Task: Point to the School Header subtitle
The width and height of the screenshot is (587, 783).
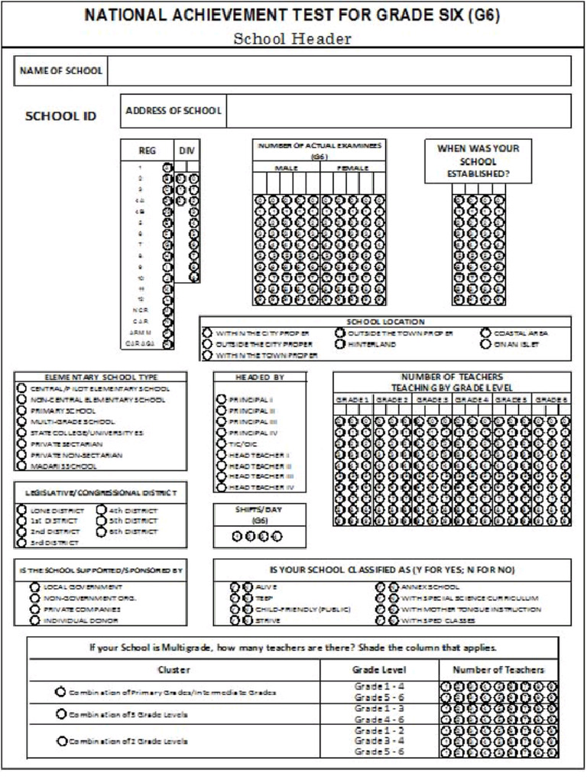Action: point(293,38)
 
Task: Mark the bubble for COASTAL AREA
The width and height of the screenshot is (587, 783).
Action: point(485,333)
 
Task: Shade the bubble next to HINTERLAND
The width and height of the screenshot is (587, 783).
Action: point(340,344)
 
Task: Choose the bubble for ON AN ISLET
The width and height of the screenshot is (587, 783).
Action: point(485,344)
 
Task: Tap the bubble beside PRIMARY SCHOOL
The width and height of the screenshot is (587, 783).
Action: point(21,411)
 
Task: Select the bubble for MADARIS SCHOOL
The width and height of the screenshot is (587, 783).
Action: point(21,465)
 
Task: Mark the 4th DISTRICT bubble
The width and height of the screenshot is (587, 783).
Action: point(101,511)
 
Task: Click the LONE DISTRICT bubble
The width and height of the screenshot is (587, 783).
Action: point(22,511)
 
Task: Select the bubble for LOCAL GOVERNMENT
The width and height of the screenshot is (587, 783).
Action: point(34,586)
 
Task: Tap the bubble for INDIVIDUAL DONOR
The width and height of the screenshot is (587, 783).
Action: point(34,620)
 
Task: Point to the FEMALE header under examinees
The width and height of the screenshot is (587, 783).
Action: point(352,167)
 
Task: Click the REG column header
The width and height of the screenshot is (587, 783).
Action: point(147,151)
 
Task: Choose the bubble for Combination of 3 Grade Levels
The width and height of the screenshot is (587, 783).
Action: point(60,713)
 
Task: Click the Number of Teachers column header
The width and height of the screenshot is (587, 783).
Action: point(498,669)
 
